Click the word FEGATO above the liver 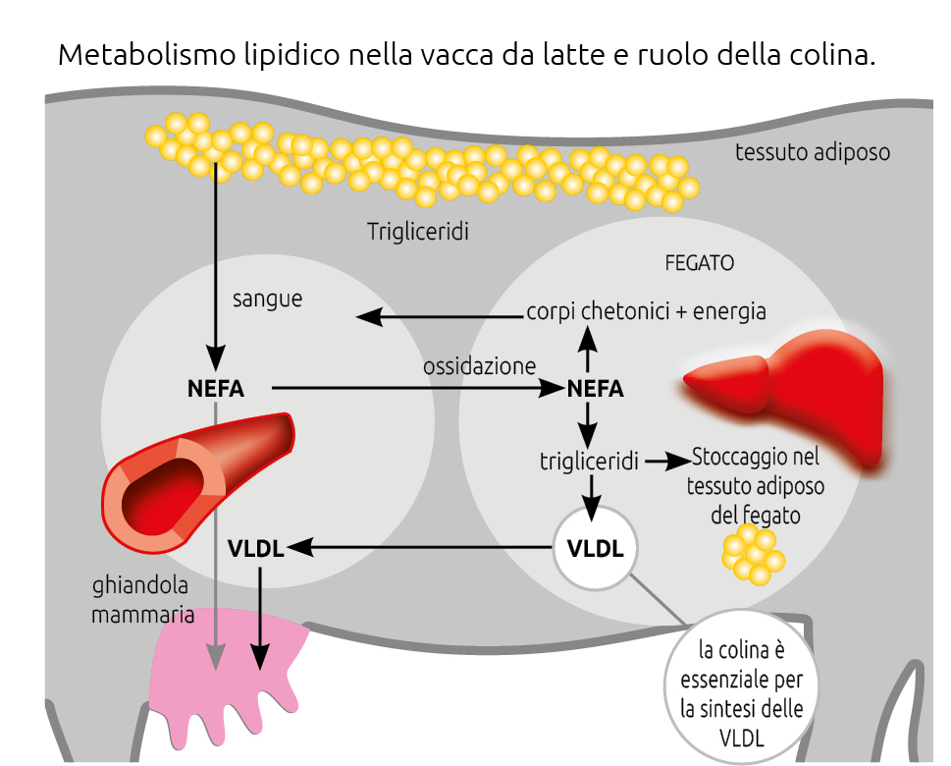coord(699,264)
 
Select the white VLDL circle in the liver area coord(595,548)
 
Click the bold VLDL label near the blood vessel coord(255,548)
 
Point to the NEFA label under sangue coord(215,389)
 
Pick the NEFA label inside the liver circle coord(595,389)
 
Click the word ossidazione coord(479,366)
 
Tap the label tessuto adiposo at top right coord(813,152)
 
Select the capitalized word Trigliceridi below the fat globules coord(418,232)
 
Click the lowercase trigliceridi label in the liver coord(590,460)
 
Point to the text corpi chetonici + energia coord(646,311)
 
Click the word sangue coord(267,299)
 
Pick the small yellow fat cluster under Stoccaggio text coord(752,555)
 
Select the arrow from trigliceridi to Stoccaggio coord(666,461)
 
